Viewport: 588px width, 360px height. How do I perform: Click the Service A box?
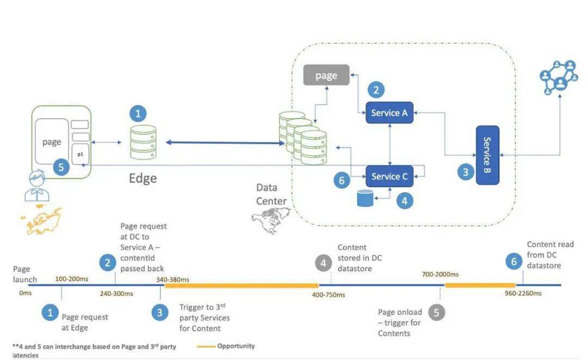[389, 113]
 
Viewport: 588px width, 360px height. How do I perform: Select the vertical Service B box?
[487, 155]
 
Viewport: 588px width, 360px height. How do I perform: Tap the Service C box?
[389, 176]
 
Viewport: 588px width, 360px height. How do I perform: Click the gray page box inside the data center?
[326, 75]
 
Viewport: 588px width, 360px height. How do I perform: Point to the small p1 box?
[80, 154]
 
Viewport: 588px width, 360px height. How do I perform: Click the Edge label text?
[143, 179]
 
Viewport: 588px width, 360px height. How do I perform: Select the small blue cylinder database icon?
[365, 198]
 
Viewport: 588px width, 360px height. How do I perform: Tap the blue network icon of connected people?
[559, 77]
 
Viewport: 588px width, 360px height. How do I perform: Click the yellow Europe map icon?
[41, 219]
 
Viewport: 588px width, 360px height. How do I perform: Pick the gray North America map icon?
[271, 219]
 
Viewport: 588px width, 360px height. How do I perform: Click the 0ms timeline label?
[26, 293]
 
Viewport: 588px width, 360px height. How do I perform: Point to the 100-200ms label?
[72, 279]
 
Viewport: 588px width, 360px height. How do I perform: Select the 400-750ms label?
[328, 295]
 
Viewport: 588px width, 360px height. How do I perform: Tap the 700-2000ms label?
[440, 274]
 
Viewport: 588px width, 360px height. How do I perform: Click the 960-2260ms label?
[523, 293]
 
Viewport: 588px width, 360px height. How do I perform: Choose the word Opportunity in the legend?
[236, 346]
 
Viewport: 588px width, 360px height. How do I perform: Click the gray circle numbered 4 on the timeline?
[323, 263]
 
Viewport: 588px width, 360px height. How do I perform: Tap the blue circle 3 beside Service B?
[465, 172]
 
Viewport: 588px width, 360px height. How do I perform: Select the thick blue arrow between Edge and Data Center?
[225, 143]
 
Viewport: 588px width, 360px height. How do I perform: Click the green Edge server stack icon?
[143, 142]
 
